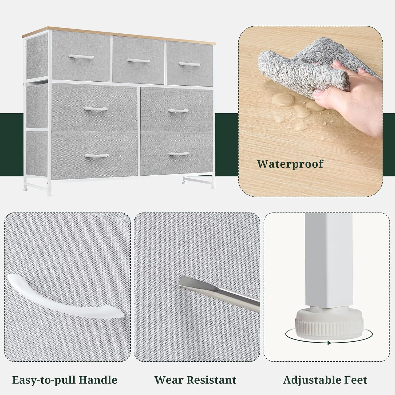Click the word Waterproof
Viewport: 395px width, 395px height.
pyautogui.click(x=290, y=164)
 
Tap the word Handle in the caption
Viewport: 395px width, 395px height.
pyautogui.click(x=98, y=380)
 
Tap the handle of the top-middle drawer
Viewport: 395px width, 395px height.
pyautogui.click(x=139, y=61)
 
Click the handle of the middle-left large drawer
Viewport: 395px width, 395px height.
pyautogui.click(x=96, y=109)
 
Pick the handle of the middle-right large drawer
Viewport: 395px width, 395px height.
pyautogui.click(x=178, y=111)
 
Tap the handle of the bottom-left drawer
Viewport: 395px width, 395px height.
pyautogui.click(x=97, y=156)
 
